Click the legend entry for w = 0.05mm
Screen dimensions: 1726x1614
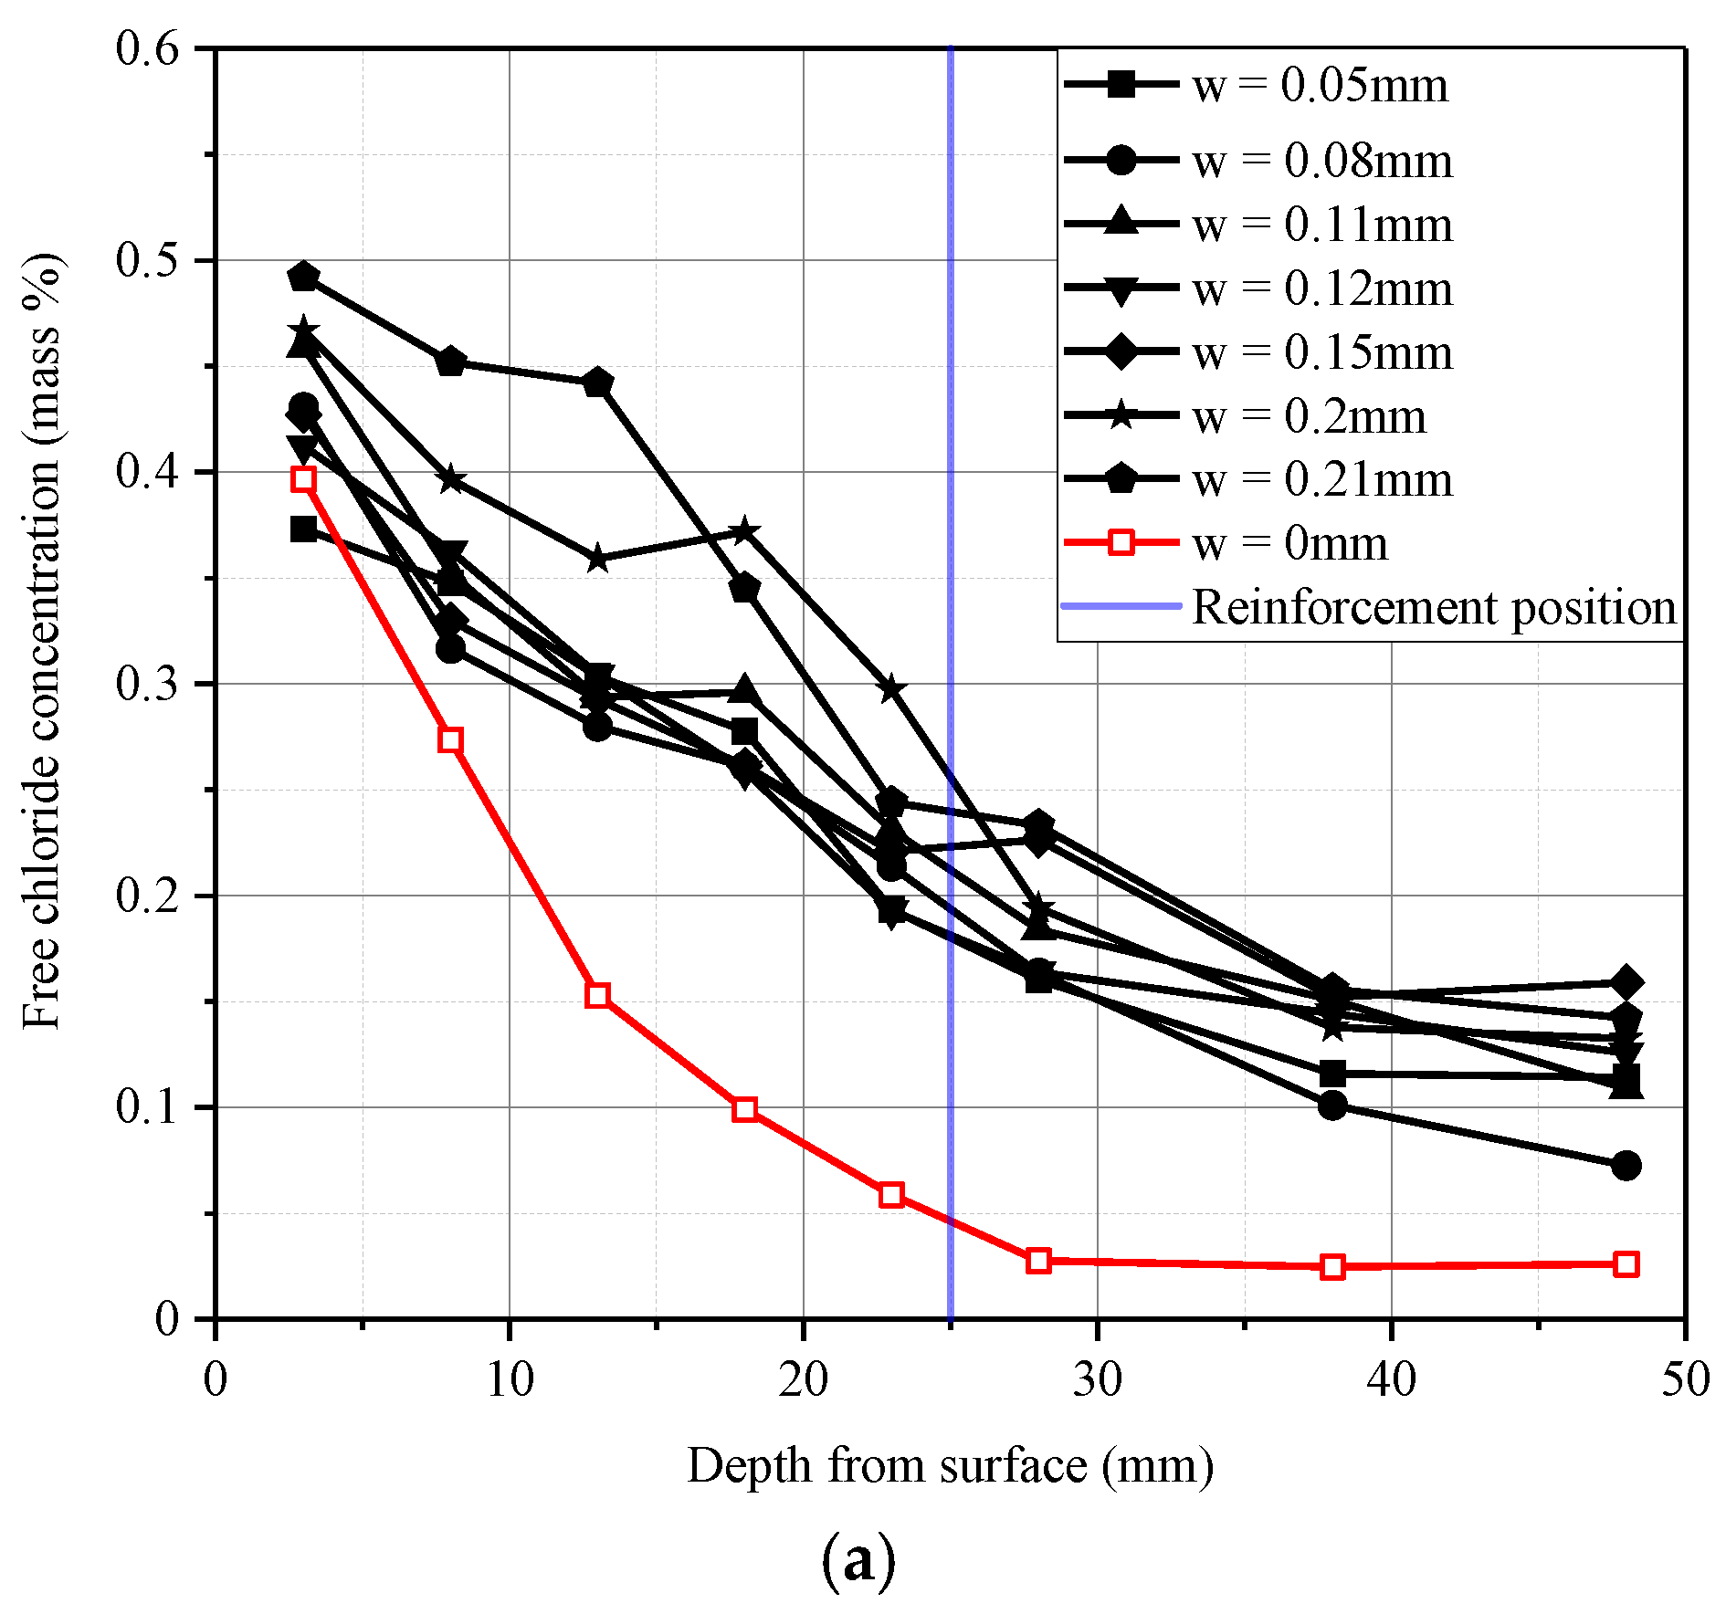pos(1257,86)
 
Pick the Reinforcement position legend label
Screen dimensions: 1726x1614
pos(1435,608)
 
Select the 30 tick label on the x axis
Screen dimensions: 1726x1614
pos(1097,1379)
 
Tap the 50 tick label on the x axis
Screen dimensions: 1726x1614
pos(1685,1379)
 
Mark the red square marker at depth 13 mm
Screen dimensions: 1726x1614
pos(597,995)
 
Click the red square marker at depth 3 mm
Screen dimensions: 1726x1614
pos(303,479)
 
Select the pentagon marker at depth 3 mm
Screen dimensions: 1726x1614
pos(303,277)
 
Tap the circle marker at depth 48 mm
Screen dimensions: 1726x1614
pos(1626,1166)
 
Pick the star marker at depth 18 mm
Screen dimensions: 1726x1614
pos(744,530)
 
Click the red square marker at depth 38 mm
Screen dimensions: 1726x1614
pos(1332,1267)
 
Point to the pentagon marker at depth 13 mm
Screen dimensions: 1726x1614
pos(597,383)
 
